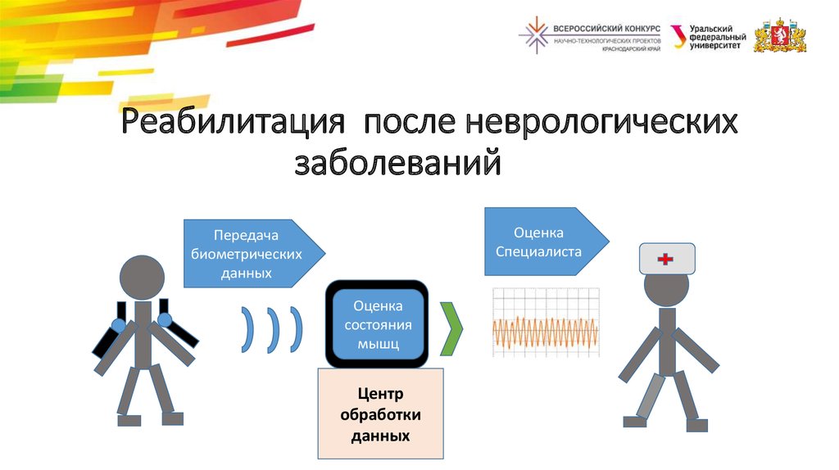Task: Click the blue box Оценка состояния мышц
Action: click(377, 324)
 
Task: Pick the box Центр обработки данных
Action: click(380, 414)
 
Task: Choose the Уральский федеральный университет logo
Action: click(708, 38)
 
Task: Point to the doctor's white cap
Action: click(667, 259)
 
